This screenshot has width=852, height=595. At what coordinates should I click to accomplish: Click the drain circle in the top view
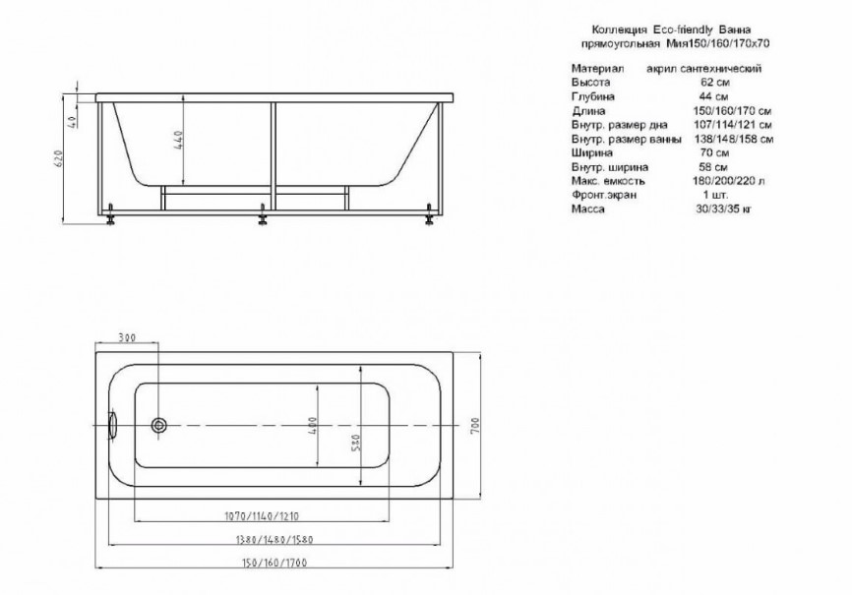tap(159, 425)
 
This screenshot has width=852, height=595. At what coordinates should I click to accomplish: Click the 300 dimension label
tap(126, 337)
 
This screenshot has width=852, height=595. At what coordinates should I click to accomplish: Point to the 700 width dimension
tap(475, 425)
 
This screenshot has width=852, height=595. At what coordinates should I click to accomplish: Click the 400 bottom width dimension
tap(313, 425)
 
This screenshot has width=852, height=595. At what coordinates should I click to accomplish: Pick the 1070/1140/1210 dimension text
tap(262, 515)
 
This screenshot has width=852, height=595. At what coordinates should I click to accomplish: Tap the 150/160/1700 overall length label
tap(274, 563)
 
